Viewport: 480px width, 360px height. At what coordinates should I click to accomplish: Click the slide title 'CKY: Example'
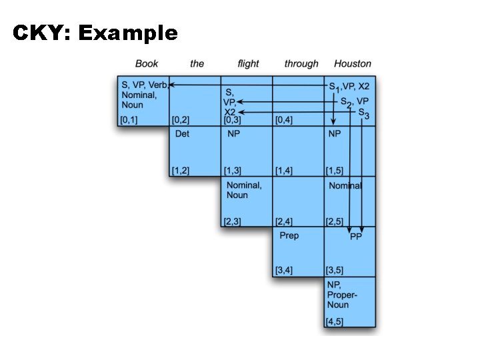click(95, 33)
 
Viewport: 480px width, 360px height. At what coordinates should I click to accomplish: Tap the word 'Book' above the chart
click(147, 64)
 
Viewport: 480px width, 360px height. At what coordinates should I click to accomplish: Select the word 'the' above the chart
click(197, 64)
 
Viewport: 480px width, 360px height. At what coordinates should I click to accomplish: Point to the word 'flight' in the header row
click(248, 64)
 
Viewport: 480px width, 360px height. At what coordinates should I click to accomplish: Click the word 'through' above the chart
click(301, 64)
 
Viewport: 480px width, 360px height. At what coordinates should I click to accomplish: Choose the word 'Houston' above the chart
click(353, 64)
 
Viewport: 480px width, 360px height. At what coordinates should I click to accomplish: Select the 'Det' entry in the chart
click(182, 134)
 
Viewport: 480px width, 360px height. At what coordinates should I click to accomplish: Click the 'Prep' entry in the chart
click(289, 235)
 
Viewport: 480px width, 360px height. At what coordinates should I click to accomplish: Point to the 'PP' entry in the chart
click(356, 237)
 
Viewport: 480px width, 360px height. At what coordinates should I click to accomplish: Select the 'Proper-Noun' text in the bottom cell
click(343, 300)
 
